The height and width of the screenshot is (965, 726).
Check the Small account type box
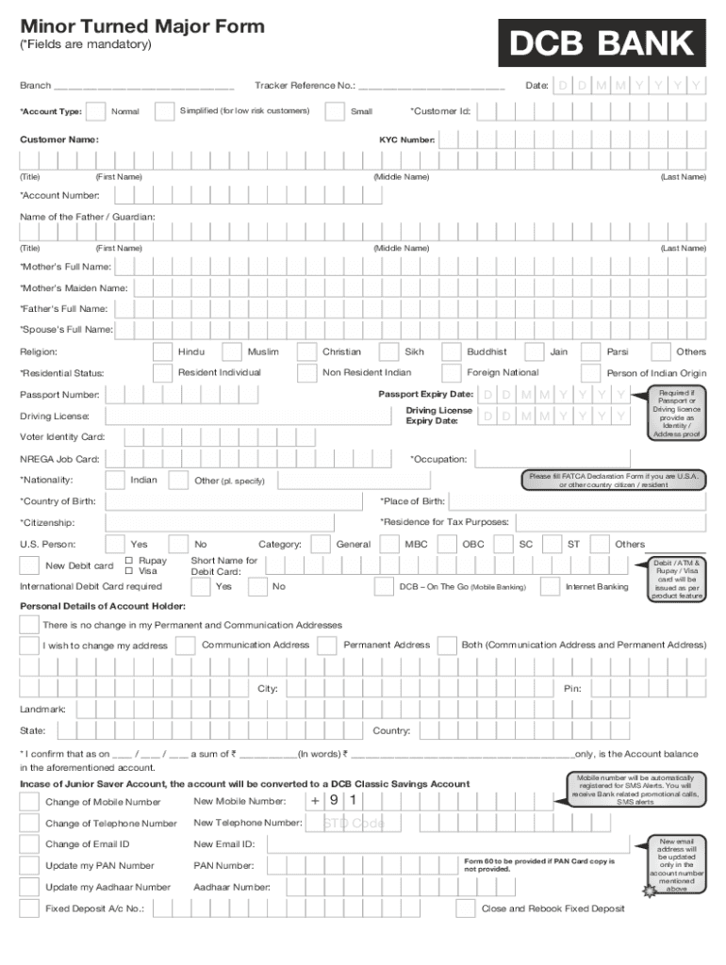(334, 111)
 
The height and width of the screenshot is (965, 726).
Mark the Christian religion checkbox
(307, 352)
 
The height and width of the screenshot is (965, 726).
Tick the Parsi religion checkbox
(592, 352)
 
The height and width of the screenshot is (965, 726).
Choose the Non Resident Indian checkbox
(307, 373)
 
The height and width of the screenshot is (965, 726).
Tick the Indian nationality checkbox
(115, 481)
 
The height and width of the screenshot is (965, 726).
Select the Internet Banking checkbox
(550, 586)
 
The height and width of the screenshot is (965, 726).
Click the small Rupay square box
(129, 561)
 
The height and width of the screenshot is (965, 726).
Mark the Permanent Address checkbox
(327, 646)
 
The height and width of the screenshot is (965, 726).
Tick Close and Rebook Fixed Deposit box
(466, 908)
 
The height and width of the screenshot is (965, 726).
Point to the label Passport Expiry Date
(425, 394)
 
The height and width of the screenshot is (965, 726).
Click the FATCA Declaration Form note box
(614, 481)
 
